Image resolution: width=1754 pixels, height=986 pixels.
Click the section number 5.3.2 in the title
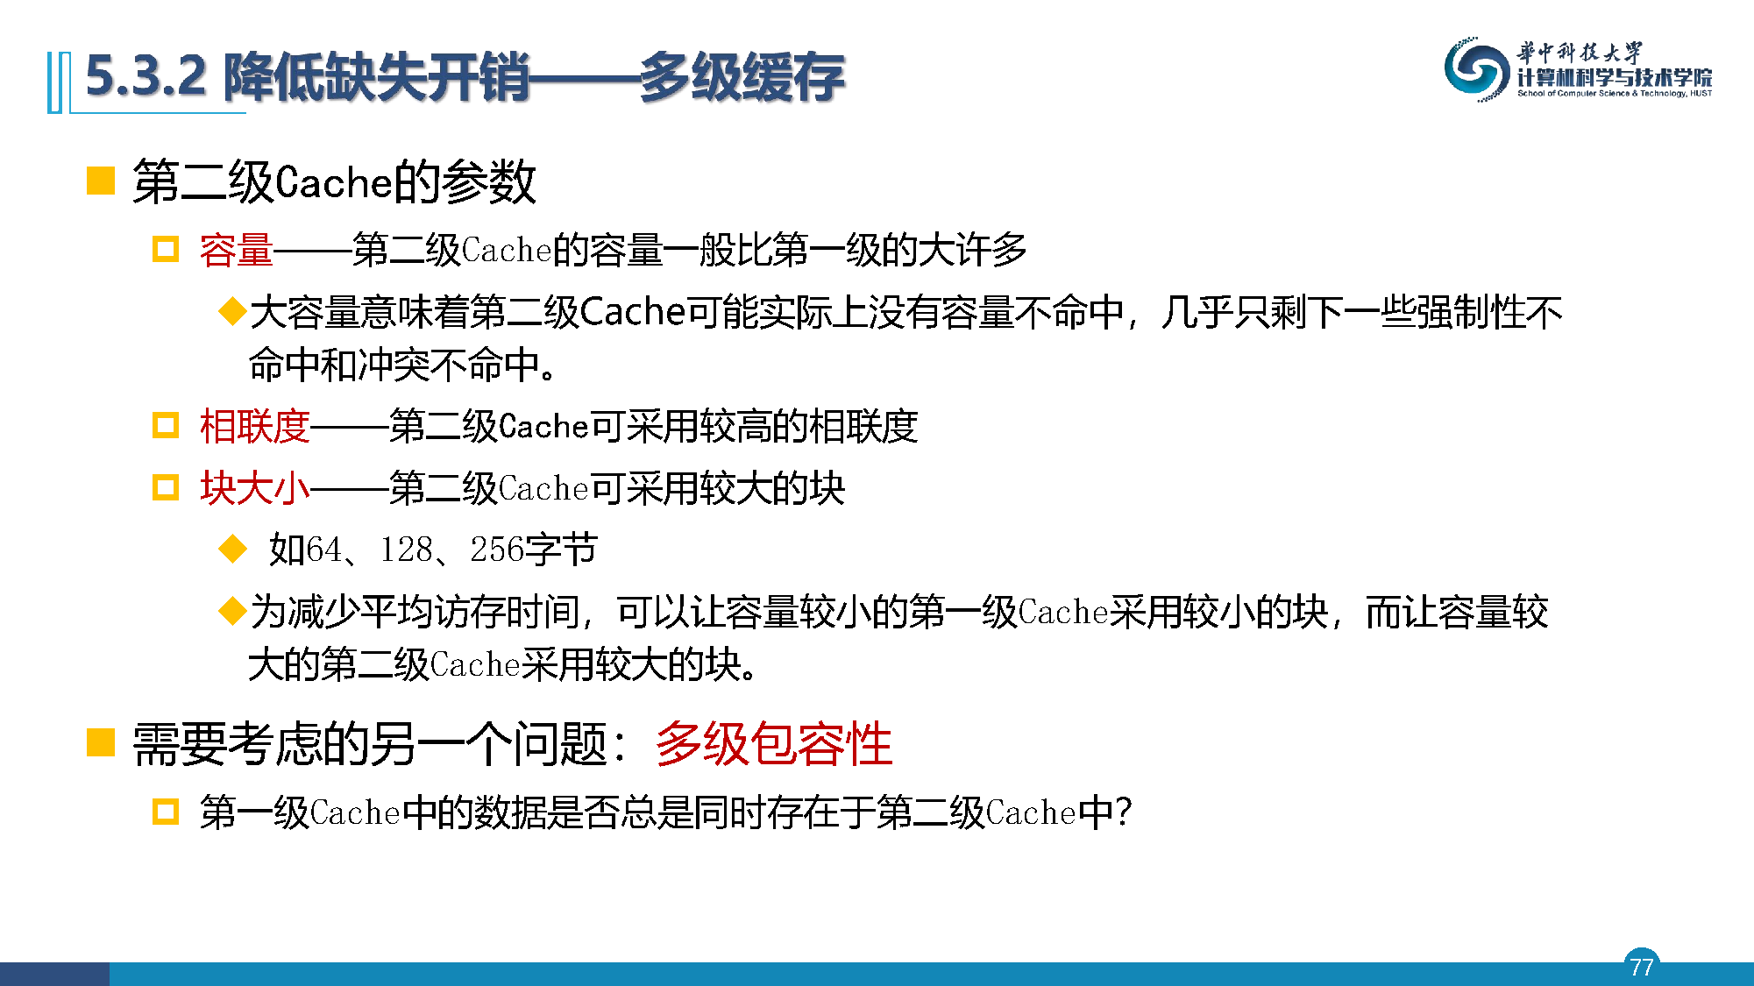click(x=146, y=75)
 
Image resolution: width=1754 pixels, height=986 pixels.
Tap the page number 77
click(x=1642, y=967)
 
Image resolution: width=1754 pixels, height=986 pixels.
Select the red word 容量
click(x=236, y=251)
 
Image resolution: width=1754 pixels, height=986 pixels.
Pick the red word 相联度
click(x=254, y=427)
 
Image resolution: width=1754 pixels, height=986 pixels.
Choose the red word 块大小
click(x=254, y=488)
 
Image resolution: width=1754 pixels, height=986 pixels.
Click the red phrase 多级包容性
click(x=774, y=744)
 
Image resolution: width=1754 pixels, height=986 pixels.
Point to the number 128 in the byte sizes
click(x=406, y=550)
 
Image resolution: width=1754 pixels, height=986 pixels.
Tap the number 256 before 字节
click(x=497, y=550)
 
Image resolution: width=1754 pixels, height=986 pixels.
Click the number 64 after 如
click(x=323, y=550)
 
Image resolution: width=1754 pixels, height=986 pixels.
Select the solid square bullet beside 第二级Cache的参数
click(x=101, y=181)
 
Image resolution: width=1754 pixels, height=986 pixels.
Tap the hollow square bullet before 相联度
click(x=166, y=425)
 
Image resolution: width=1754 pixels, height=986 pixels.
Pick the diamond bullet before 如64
click(x=232, y=549)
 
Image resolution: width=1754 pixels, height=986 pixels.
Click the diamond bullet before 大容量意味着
click(x=232, y=310)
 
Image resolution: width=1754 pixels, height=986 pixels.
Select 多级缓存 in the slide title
click(x=742, y=77)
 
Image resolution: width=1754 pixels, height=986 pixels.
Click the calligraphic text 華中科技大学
click(x=1580, y=53)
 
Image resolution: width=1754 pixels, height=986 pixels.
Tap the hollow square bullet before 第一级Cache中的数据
click(x=166, y=811)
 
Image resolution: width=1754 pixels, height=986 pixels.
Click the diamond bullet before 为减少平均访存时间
click(x=232, y=610)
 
